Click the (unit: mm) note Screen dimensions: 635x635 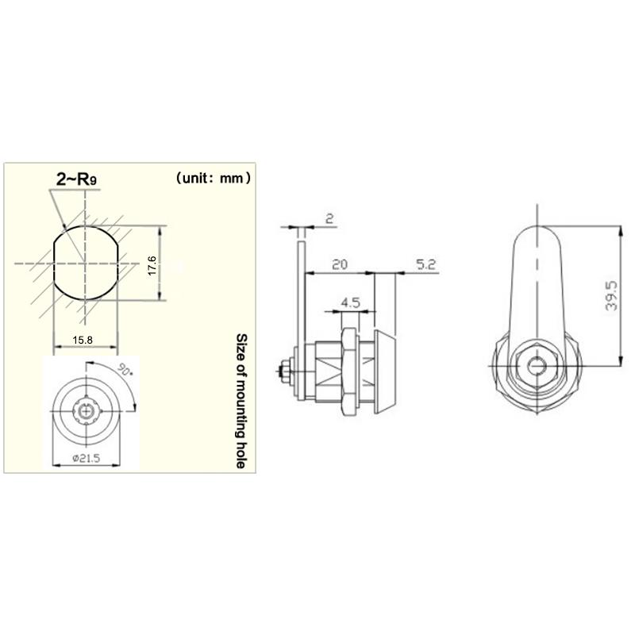pos(213,179)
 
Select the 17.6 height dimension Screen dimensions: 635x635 pos(151,264)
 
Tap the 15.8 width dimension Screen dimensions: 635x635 pos(83,341)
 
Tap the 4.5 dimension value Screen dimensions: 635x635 pos(350,303)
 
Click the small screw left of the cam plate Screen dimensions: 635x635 pos(284,370)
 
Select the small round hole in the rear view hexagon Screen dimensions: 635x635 pos(538,367)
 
